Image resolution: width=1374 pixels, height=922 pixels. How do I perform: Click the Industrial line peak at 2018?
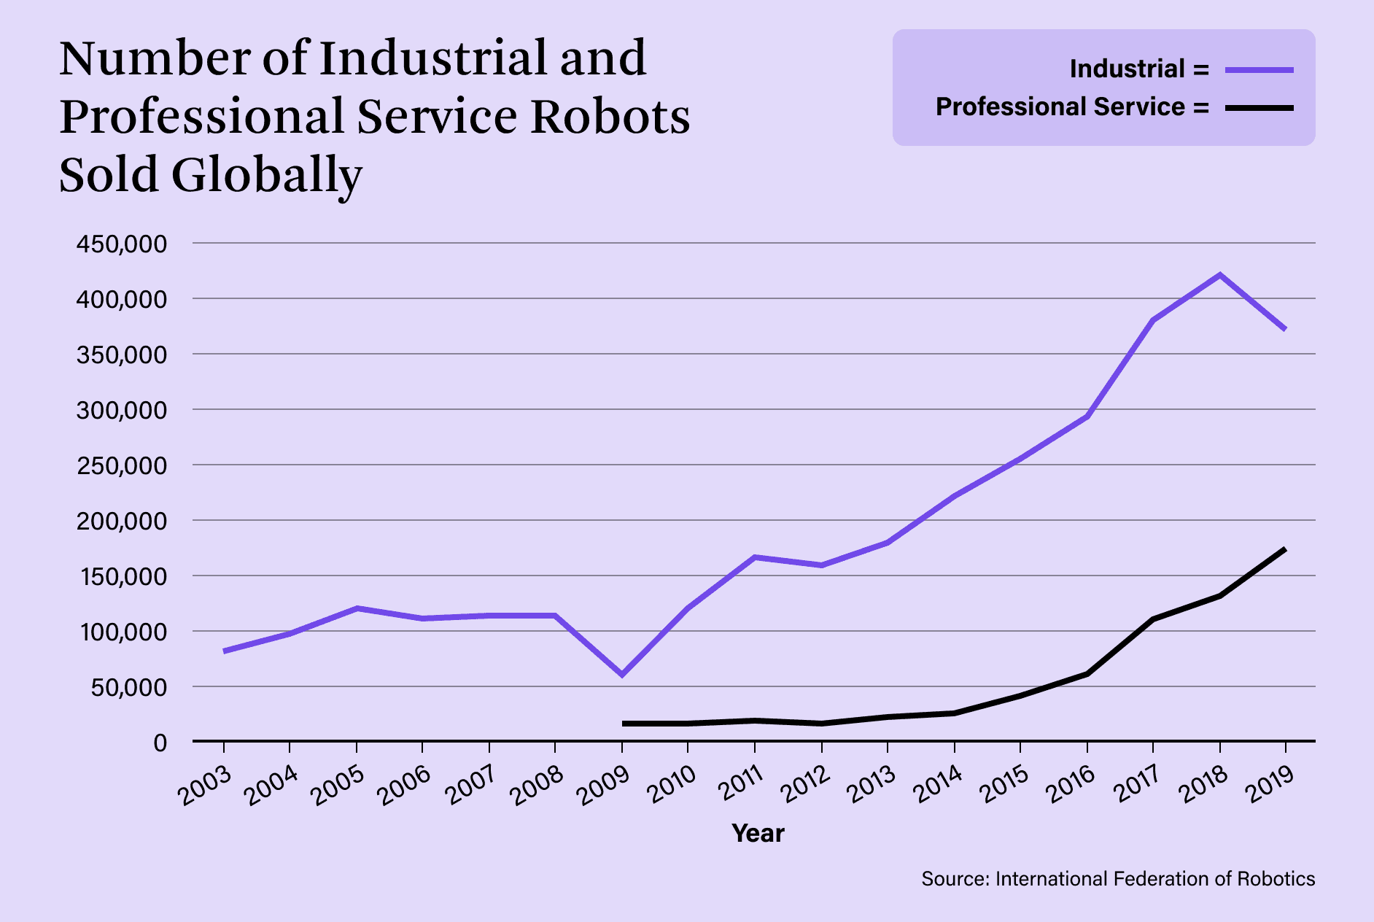point(1219,275)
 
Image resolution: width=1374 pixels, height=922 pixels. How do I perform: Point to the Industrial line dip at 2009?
point(622,675)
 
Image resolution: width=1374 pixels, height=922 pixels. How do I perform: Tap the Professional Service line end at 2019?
point(1284,549)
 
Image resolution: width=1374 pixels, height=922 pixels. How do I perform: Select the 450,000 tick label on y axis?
point(122,244)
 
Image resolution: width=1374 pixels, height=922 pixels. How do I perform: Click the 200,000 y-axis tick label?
point(122,521)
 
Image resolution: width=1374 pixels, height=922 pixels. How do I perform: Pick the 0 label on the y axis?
point(160,743)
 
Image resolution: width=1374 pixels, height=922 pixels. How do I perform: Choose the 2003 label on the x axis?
point(206,786)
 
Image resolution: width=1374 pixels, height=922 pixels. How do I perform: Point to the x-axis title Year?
point(758,833)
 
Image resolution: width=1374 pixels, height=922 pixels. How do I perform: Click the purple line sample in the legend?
point(1259,70)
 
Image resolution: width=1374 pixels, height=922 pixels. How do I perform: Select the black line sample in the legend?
point(1259,108)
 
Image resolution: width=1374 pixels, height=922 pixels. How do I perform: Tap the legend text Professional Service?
point(1060,107)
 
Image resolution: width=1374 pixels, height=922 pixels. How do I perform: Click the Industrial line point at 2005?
point(357,608)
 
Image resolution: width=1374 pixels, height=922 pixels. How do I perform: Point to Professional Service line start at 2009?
point(624,724)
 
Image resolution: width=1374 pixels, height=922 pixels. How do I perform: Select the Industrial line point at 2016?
point(1087,416)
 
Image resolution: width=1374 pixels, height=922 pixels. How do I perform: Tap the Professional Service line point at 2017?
point(1153,619)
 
